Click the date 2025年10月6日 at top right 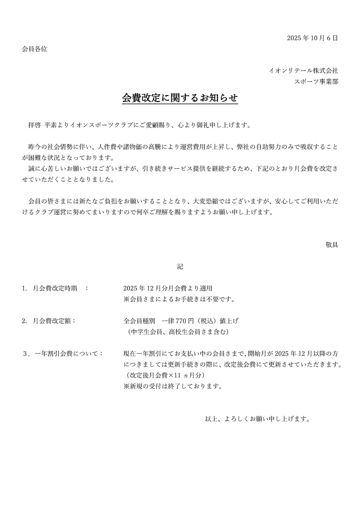[312, 38]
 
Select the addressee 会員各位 [35, 49]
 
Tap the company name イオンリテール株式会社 [304, 71]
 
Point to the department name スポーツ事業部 [316, 82]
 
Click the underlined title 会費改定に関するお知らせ [180, 98]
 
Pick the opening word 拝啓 [35, 125]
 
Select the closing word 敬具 [332, 245]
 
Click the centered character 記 [180, 267]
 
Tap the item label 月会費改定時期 [55, 288]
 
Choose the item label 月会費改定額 [52, 321]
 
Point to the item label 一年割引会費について [68, 353]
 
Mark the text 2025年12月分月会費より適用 [168, 288]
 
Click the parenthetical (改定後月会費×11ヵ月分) [164, 375]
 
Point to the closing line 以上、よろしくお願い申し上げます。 [258, 419]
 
